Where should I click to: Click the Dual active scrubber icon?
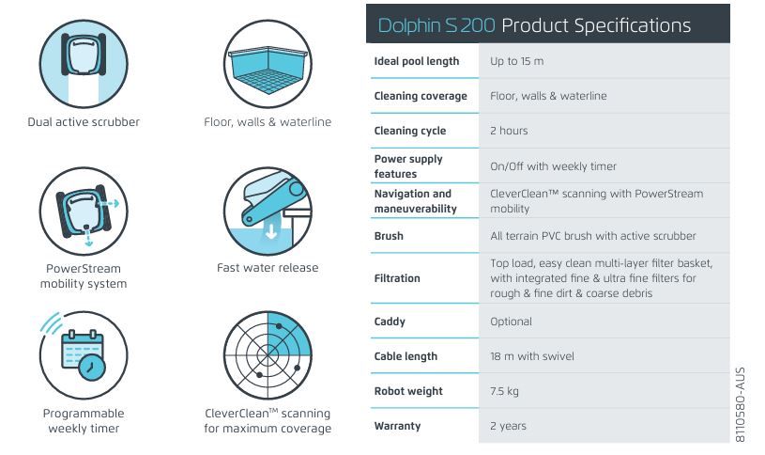point(84,64)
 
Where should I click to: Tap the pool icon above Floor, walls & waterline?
point(268,64)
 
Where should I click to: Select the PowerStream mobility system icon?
point(84,212)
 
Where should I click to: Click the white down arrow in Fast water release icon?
point(271,229)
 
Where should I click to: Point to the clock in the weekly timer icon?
point(91,368)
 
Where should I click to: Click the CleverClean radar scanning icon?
point(268,355)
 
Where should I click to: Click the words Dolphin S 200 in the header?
point(436,25)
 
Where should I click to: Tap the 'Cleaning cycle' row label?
point(410,131)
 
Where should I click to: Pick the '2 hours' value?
point(509,131)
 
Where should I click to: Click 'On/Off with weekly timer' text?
point(553,166)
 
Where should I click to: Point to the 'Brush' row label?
point(389,236)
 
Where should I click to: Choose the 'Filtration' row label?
point(397,278)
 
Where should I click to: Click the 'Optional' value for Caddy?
point(511,322)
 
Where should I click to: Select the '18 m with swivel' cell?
point(532,356)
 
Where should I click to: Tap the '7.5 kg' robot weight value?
point(504,391)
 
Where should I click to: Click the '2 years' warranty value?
point(508,426)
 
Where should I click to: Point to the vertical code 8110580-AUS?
point(740,405)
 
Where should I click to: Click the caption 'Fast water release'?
point(268,268)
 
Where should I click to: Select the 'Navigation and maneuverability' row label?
point(416,201)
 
